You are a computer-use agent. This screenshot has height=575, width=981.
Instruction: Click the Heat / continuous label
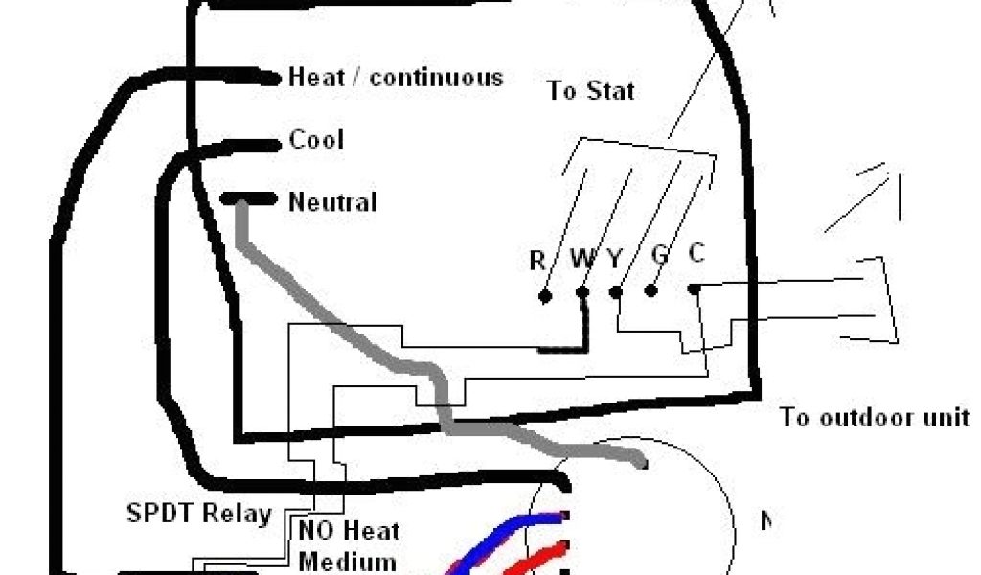(x=395, y=78)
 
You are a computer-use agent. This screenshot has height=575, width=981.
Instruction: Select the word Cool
(x=316, y=141)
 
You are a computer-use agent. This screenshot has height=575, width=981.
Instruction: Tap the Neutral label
(x=332, y=202)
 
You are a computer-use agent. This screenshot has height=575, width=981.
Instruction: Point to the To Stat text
(x=590, y=91)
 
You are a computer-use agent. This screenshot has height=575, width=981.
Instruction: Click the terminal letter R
(x=537, y=260)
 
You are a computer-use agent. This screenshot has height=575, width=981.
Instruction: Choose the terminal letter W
(x=582, y=259)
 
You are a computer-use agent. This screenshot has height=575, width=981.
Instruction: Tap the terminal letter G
(x=659, y=256)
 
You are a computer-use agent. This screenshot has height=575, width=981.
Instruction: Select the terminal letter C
(x=696, y=253)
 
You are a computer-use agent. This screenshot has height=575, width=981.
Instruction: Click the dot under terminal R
(x=545, y=296)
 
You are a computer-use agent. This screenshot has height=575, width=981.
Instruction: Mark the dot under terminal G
(x=651, y=290)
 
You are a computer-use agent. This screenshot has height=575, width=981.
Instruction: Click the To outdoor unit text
(x=874, y=418)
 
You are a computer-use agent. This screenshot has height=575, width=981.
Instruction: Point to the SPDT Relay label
(x=199, y=514)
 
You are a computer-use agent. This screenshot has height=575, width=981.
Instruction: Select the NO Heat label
(x=349, y=531)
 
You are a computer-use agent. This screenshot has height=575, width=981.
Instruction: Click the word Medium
(x=347, y=562)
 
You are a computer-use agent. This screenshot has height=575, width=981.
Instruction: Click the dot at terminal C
(x=694, y=287)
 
